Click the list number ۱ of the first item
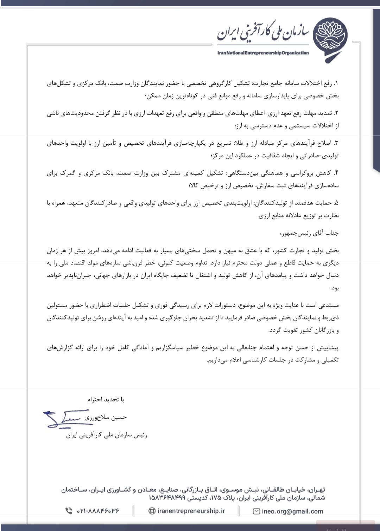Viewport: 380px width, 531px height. tap(336, 84)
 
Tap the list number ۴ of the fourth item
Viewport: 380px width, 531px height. tap(336, 173)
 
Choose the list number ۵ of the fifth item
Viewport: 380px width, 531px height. tap(336, 203)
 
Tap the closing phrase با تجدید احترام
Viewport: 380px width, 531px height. tap(106, 400)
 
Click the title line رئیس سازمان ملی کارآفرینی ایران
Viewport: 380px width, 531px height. tap(107, 435)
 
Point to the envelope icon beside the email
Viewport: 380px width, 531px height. tap(256, 511)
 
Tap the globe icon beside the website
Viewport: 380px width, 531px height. tap(152, 511)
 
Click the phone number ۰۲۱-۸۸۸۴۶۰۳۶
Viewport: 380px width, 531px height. tap(98, 511)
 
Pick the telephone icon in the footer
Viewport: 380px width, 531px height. tap(69, 511)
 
